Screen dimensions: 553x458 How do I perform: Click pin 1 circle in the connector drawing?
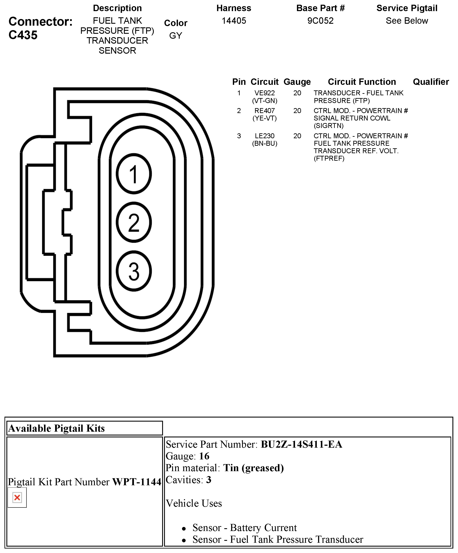134,174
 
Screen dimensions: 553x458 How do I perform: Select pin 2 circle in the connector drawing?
134,222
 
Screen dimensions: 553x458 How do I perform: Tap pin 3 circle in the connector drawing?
134,271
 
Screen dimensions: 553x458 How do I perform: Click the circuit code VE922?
264,93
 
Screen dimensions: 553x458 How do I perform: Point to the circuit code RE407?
264,111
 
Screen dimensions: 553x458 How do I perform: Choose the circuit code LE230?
264,136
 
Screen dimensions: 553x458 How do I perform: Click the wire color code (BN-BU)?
264,144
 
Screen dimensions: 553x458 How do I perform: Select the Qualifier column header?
431,82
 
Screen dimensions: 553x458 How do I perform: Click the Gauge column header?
297,82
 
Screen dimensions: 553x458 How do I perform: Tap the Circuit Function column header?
362,82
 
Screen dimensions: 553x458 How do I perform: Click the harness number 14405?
234,21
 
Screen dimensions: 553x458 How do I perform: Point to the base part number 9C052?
320,21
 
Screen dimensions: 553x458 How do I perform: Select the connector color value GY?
176,35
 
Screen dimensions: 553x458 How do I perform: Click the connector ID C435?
23,35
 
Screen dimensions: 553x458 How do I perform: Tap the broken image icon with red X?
17,497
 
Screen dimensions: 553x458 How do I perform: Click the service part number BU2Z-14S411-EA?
301,444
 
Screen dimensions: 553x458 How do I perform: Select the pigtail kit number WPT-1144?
137,482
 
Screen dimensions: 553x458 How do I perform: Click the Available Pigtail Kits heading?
57,428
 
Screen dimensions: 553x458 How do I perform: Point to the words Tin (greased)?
254,468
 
